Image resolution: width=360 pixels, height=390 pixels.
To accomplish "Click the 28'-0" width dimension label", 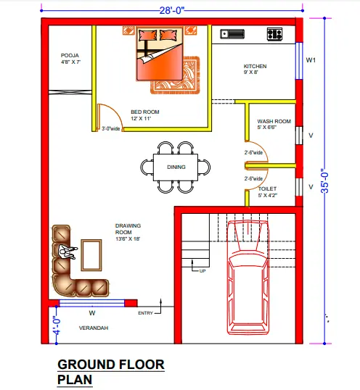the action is pyautogui.click(x=172, y=10).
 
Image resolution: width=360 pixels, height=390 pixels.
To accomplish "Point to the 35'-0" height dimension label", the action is pyautogui.click(x=325, y=181).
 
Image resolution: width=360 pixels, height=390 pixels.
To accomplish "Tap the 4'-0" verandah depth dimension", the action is pyautogui.click(x=57, y=325).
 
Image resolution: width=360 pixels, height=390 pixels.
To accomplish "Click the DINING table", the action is pyautogui.click(x=176, y=167).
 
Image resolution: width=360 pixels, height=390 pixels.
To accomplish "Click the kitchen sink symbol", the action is pyautogui.click(x=232, y=34).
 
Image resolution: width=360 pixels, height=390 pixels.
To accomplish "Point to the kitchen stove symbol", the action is pyautogui.click(x=274, y=34).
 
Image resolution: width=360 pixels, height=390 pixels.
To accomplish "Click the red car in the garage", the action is pyautogui.click(x=248, y=278).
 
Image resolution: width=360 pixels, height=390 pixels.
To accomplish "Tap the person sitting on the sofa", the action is pyautogui.click(x=67, y=252).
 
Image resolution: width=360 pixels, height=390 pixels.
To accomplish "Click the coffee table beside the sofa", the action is pyautogui.click(x=91, y=255).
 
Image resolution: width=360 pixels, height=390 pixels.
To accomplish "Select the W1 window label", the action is pyautogui.click(x=311, y=60).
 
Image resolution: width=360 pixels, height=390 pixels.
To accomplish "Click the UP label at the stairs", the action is pyautogui.click(x=202, y=271).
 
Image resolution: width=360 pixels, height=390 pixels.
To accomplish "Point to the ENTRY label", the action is pyautogui.click(x=145, y=313).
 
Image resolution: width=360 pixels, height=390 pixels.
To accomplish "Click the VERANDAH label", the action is pyautogui.click(x=94, y=328).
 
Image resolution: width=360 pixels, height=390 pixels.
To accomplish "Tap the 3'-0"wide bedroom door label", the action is pyautogui.click(x=111, y=128).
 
